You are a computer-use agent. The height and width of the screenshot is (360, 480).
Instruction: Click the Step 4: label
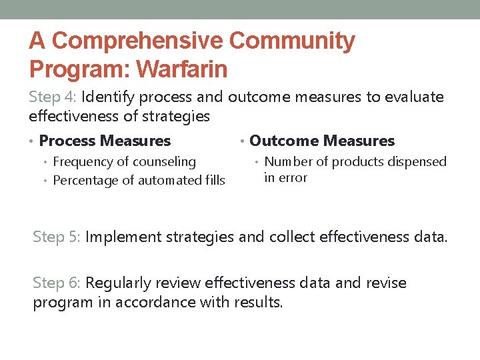click(53, 97)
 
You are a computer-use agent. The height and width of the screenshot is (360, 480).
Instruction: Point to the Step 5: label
click(57, 237)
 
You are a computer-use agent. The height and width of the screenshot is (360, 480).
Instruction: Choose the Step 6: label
click(57, 283)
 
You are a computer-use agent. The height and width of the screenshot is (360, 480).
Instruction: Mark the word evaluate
click(413, 97)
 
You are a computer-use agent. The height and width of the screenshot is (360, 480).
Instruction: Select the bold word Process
click(67, 141)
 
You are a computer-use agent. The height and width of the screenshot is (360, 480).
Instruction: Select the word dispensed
click(419, 161)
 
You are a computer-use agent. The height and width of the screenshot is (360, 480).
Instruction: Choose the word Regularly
click(117, 283)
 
